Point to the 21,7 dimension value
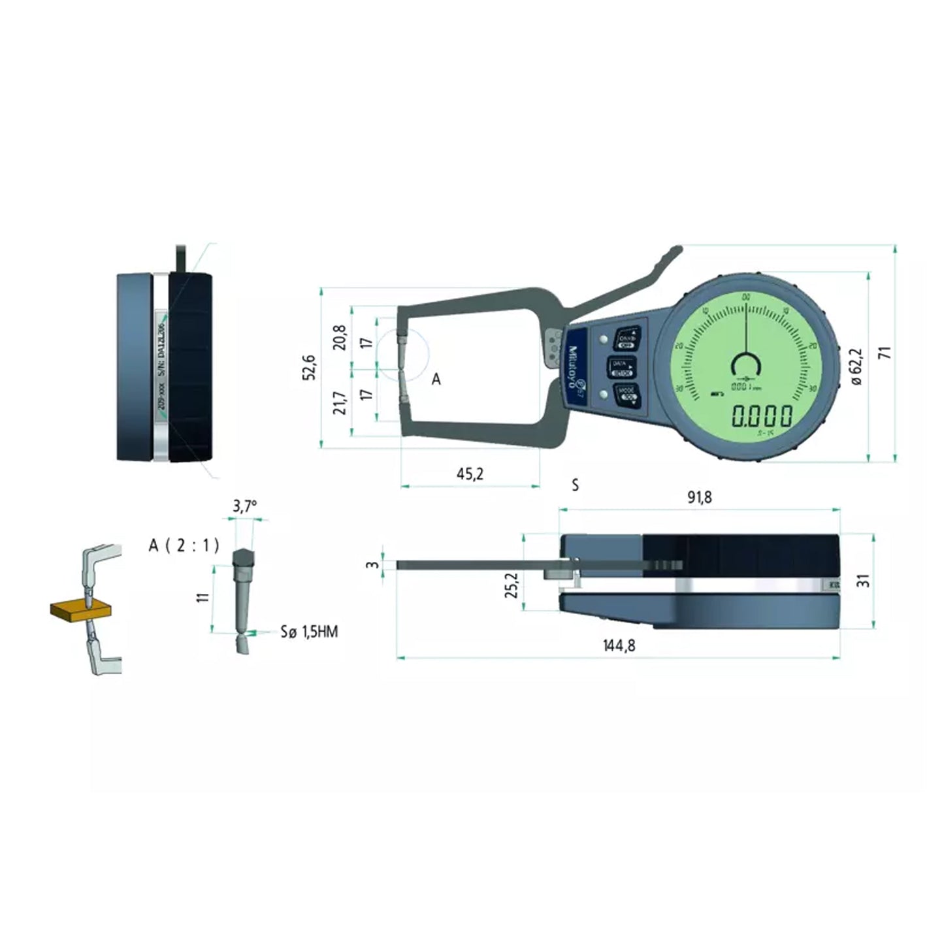(340, 403)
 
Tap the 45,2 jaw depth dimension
(470, 474)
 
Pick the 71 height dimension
(885, 353)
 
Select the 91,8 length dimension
(699, 497)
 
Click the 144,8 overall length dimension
(619, 645)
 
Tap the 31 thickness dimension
(863, 579)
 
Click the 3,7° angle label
(245, 506)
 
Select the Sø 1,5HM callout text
(309, 632)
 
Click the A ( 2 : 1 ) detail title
(184, 545)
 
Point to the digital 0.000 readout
(762, 415)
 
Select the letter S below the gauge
(575, 485)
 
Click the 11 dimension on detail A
(203, 596)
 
